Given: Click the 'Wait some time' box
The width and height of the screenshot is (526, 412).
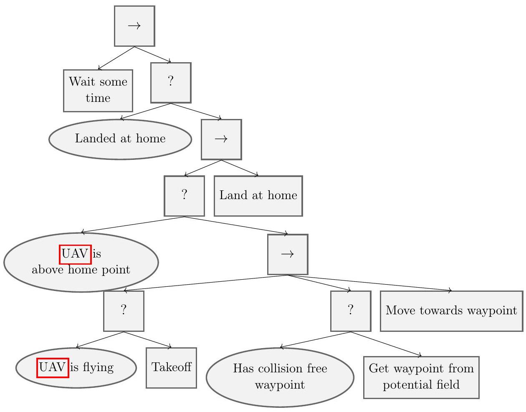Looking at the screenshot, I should (98, 91).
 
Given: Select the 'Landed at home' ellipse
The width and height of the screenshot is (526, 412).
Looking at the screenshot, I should (120, 139).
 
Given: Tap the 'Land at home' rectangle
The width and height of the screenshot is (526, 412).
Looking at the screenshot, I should (258, 196).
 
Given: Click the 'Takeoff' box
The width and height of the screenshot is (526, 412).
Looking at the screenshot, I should (171, 368).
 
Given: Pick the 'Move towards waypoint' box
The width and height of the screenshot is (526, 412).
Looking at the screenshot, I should (451, 311).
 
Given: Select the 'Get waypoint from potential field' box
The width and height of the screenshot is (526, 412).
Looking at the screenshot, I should (421, 377).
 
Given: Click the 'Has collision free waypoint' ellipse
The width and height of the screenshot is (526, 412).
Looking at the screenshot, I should (280, 377).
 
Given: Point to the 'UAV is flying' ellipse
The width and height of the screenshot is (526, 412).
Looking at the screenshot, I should (76, 368).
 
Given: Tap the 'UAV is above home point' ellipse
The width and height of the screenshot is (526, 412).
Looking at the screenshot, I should (81, 262).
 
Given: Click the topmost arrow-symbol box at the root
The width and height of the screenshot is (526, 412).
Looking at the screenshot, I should (134, 26).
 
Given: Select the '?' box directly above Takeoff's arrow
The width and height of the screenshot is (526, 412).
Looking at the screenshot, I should (124, 311).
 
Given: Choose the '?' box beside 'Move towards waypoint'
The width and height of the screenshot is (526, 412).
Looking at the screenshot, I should (350, 311).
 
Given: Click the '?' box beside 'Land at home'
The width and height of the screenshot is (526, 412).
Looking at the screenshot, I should (184, 196).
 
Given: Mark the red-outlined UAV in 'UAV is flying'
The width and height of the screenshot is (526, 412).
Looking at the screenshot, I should (53, 368).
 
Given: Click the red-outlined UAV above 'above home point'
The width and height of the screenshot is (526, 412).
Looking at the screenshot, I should (75, 254).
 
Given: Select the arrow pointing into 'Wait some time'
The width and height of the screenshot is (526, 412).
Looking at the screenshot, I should (116, 58).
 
